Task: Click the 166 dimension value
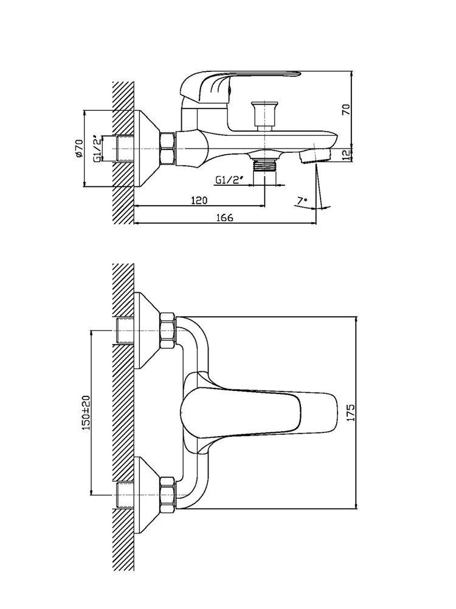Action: click(x=224, y=218)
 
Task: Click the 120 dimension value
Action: click(x=199, y=200)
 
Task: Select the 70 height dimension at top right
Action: click(x=346, y=110)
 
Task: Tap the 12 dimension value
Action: click(x=346, y=155)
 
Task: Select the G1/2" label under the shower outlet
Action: click(x=229, y=180)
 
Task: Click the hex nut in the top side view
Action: click(x=167, y=149)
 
